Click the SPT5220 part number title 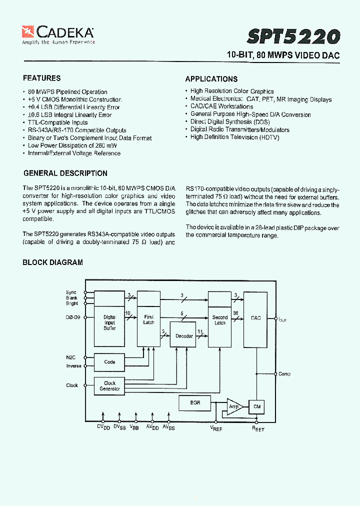point(294,36)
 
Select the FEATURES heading point(41,78)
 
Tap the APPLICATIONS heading point(211,79)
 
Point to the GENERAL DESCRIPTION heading point(65,173)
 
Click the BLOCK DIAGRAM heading point(52,262)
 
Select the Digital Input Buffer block point(109,322)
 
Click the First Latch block point(149,320)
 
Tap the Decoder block point(184,336)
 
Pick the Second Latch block point(220,320)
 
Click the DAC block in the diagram point(255,319)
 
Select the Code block point(109,362)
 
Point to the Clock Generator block point(109,386)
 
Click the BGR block point(195,402)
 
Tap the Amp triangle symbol point(234,407)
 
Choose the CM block point(257,407)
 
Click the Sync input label point(71,292)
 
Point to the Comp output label point(284,374)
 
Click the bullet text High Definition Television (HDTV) point(234,137)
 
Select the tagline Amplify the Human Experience point(58,42)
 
